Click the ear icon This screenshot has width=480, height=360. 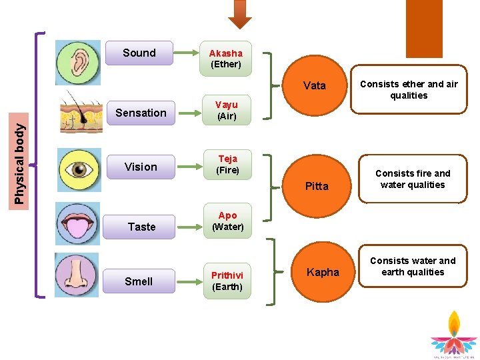78,63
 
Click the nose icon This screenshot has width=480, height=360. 77,275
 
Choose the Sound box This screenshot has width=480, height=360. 139,53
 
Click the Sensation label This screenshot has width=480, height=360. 141,113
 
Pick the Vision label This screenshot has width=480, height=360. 141,167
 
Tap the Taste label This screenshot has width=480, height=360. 141,227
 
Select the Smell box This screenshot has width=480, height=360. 139,281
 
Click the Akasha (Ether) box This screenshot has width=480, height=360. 226,59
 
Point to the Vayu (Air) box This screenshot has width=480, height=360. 226,110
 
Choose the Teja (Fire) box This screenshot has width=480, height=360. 227,165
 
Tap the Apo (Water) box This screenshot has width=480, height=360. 227,221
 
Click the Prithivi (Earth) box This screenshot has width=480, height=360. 227,281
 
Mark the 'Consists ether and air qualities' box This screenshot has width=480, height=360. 409,89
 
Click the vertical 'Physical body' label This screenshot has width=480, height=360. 20,161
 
